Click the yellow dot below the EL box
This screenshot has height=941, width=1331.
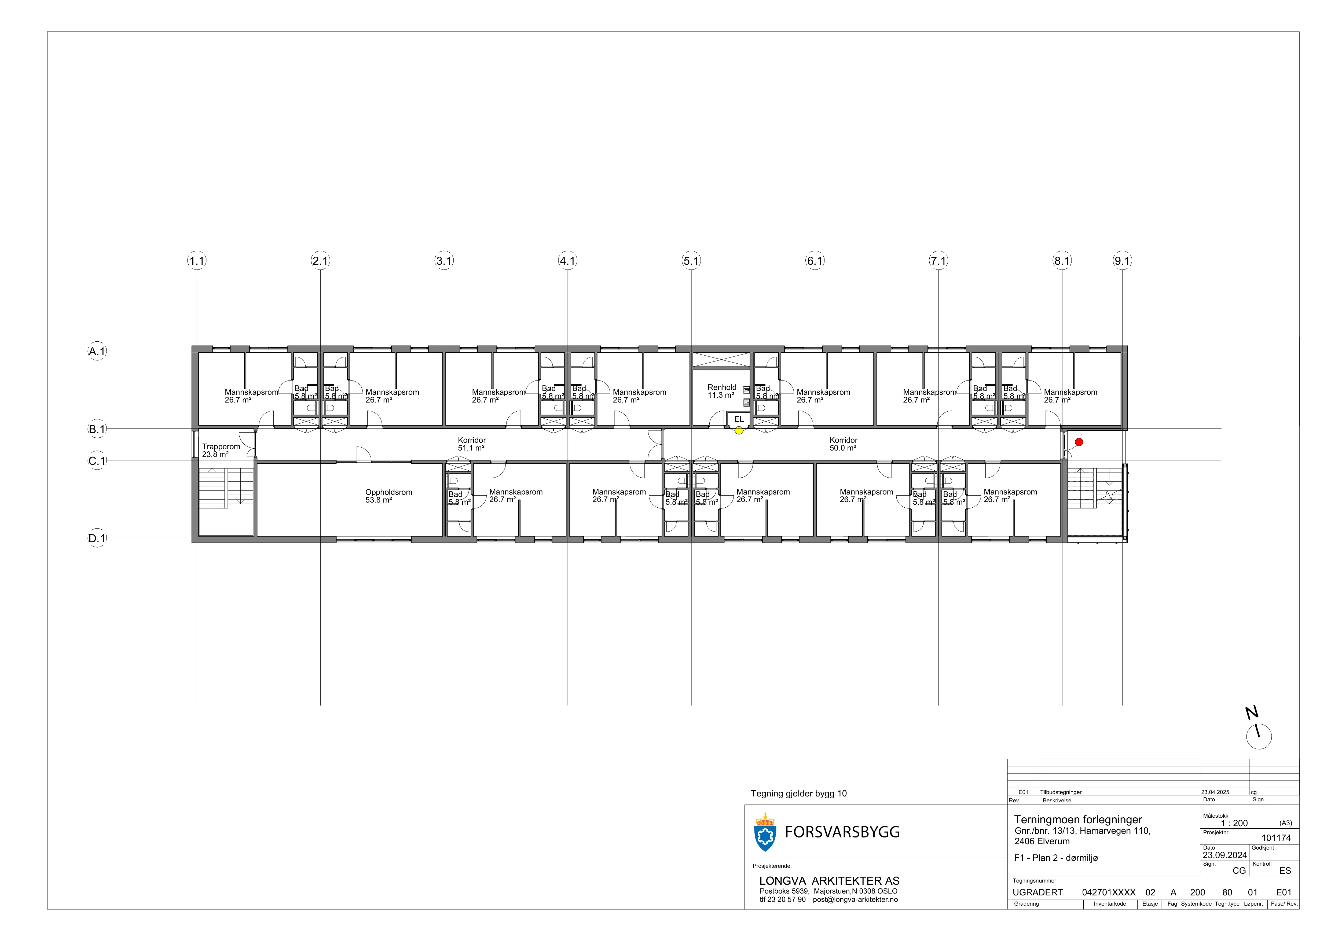click(x=739, y=430)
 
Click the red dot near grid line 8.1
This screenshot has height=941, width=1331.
click(x=1079, y=442)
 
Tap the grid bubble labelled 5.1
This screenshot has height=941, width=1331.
click(x=691, y=261)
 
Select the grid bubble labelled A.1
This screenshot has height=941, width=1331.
click(x=97, y=351)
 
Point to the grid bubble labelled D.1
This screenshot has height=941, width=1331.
click(x=97, y=538)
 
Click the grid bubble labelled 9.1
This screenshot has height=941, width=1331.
click(x=1122, y=261)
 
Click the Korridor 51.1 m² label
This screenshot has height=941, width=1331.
click(x=471, y=444)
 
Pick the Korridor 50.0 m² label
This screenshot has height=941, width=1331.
click(x=843, y=444)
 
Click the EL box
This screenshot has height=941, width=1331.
click(x=739, y=419)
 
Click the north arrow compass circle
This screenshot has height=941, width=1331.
click(x=1259, y=737)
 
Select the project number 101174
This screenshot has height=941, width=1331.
click(x=1276, y=838)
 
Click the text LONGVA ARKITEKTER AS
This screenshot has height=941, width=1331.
click(x=829, y=881)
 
